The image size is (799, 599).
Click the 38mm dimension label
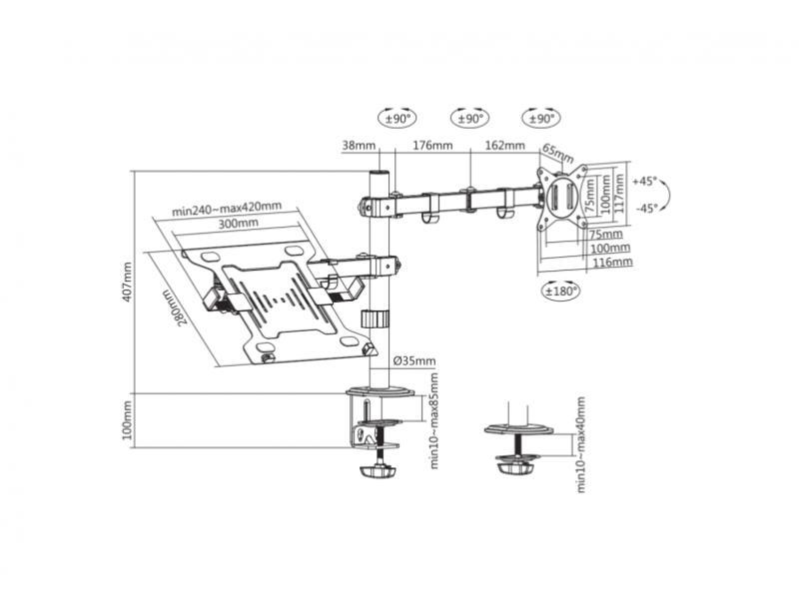coord(359,146)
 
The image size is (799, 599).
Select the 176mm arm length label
coord(432,146)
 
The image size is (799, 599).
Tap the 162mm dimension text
coord(504,146)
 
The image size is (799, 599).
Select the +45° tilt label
coord(645,182)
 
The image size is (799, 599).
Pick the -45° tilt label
coord(645,208)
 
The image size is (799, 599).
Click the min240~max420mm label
coord(226,208)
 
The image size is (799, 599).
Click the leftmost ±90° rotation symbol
coord(395,118)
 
